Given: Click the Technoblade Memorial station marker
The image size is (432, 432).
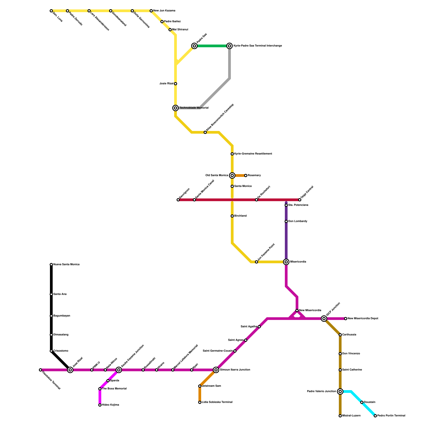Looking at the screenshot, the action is pos(175,108).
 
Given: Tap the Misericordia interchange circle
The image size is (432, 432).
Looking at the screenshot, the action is pos(286,262).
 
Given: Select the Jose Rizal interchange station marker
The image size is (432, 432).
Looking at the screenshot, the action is pos(70,370).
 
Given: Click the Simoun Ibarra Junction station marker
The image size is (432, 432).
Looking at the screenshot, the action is pos(216,370).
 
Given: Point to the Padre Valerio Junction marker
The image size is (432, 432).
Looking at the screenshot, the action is pos(340,391).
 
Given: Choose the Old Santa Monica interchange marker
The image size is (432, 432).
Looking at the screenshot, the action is pos(232,175).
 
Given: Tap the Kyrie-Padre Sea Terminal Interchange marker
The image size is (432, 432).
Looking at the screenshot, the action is pos(230,46).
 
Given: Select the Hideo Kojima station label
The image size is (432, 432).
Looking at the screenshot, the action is pos(110,405).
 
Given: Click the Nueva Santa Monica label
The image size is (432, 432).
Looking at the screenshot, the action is pos(66,265).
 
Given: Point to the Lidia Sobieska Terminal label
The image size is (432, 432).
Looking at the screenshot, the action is pos(217,402).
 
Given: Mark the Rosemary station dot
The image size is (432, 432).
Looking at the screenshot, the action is pos(246,175).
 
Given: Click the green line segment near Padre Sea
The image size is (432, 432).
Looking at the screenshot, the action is pos(212,46).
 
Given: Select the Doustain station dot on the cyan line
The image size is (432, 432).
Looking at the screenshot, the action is pos(362,402).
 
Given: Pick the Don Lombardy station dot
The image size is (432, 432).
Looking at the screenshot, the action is pos(286,221).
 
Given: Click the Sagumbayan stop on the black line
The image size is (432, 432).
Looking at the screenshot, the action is pos(51,316).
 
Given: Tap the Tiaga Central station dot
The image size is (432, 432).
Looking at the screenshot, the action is pos(300,200).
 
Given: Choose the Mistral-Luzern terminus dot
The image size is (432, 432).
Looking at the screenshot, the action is pos(340,416).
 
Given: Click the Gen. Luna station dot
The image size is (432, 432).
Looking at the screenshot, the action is pos(51,11).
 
